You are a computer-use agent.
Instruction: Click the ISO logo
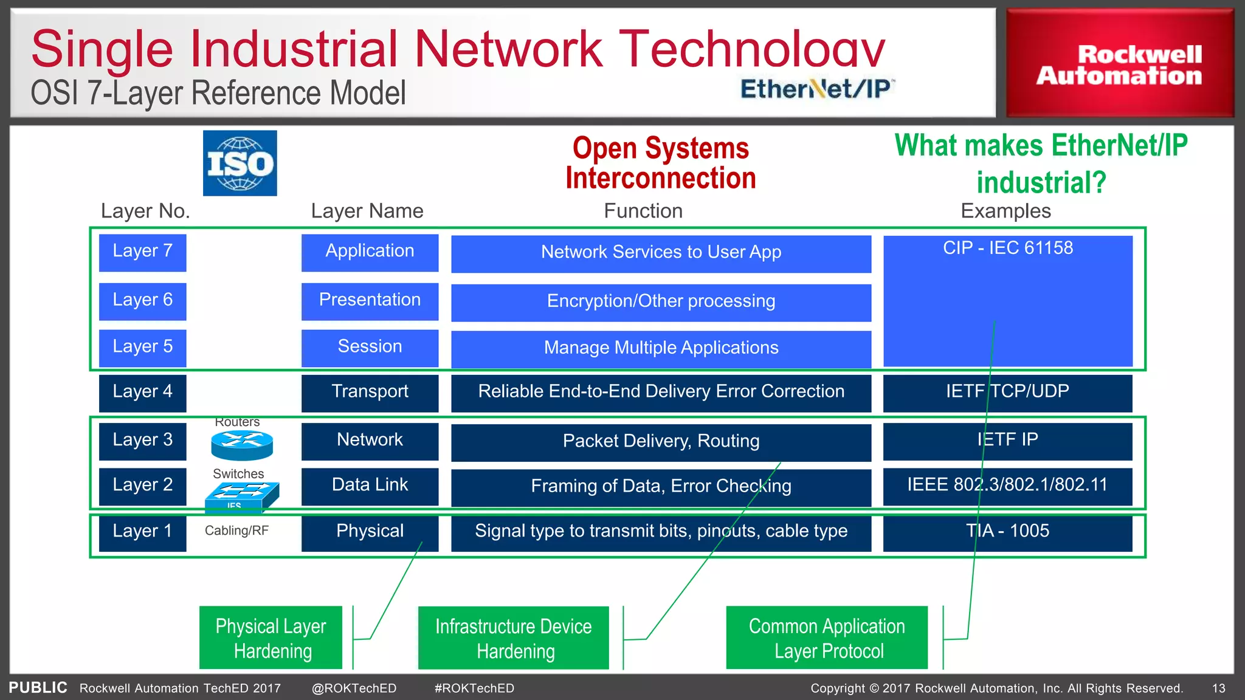pyautogui.click(x=240, y=163)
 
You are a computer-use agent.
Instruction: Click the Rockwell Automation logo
pyautogui.click(x=1119, y=63)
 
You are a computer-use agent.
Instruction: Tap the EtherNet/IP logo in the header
pyautogui.click(x=816, y=89)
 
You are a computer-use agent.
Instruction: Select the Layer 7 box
pyautogui.click(x=142, y=252)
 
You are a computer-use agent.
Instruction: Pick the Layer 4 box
pyautogui.click(x=142, y=393)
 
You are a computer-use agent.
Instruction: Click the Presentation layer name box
pyautogui.click(x=370, y=301)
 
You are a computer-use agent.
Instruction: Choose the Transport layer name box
pyautogui.click(x=370, y=393)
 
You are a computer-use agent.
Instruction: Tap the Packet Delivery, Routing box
pyautogui.click(x=661, y=442)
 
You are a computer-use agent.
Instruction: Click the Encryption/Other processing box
pyautogui.click(x=661, y=302)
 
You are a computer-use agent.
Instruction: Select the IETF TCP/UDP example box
pyautogui.click(x=1007, y=393)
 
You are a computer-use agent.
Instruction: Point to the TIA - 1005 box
pyautogui.click(x=1007, y=532)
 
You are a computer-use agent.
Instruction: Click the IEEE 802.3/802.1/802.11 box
pyautogui.click(x=1007, y=486)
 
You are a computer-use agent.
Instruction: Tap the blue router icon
pyautogui.click(x=242, y=445)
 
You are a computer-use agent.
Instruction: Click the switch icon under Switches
pyautogui.click(x=241, y=496)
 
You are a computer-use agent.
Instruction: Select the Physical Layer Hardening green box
pyautogui.click(x=271, y=638)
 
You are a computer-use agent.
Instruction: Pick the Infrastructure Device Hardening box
pyautogui.click(x=513, y=638)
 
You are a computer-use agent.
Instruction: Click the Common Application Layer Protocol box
pyautogui.click(x=827, y=638)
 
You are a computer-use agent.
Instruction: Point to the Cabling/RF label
pyautogui.click(x=236, y=530)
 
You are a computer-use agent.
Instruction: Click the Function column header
pyautogui.click(x=643, y=211)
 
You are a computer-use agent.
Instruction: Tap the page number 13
pyautogui.click(x=1218, y=688)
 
